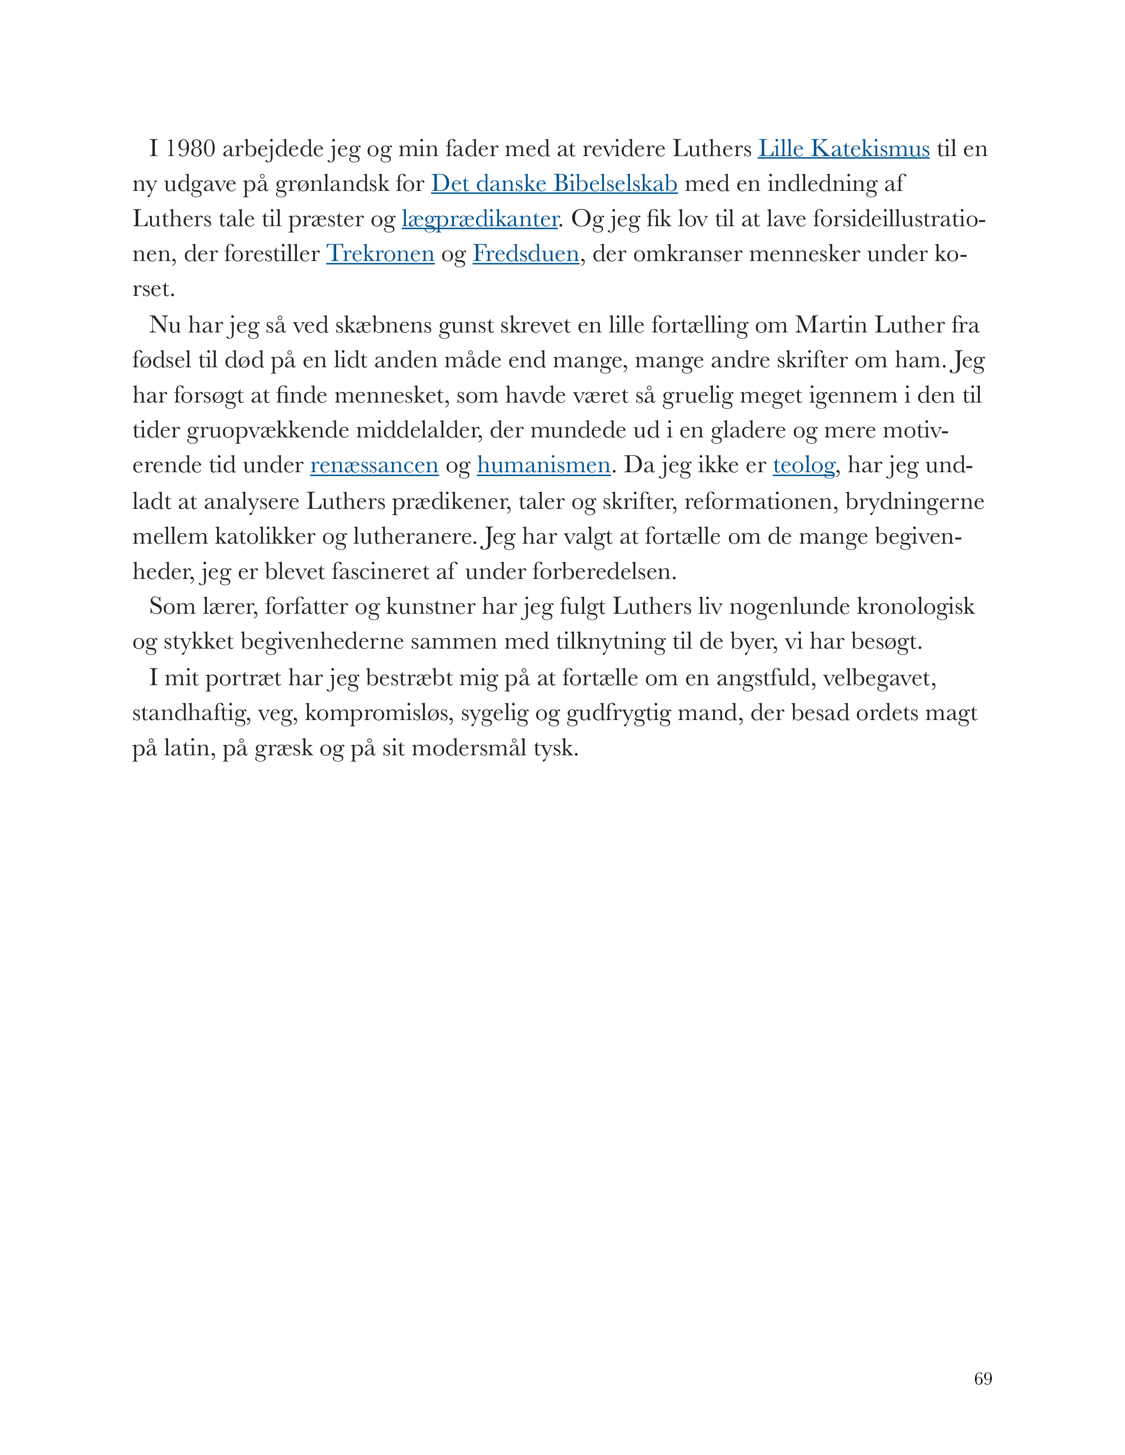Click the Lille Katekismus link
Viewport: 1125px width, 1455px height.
(x=843, y=149)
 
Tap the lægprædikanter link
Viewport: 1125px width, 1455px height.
(x=480, y=219)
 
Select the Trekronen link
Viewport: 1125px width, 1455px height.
(x=380, y=254)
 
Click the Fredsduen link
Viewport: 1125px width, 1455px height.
(x=526, y=254)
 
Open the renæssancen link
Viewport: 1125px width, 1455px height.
(x=374, y=465)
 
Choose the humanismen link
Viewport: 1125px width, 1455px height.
(x=543, y=465)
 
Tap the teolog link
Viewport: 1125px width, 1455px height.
(x=804, y=465)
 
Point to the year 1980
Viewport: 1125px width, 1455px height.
(x=190, y=149)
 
